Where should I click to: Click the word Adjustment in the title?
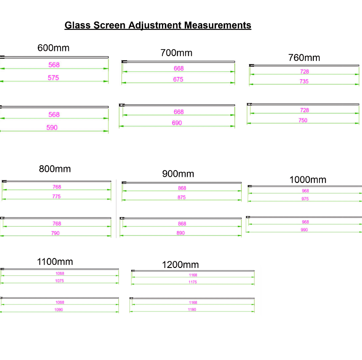point(155,25)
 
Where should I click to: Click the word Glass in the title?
point(77,25)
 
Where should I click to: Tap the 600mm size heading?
point(54,48)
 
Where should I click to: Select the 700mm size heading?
point(176,53)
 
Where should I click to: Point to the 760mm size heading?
point(304,58)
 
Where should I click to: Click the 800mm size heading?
point(55,169)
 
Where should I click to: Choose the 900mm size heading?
point(178,174)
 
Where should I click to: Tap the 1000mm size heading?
point(308,179)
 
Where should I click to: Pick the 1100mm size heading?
point(55,262)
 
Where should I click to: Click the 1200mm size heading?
point(180,265)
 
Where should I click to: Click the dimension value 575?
point(54,78)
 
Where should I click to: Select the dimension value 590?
point(52,128)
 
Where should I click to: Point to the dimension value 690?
point(177,123)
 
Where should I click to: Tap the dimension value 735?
point(304,82)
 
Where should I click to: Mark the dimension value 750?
point(303,121)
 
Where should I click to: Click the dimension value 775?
point(56,196)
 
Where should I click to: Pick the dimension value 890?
point(180,233)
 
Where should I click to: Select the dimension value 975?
point(305,199)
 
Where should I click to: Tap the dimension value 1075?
point(59,281)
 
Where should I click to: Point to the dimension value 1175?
point(193,282)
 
